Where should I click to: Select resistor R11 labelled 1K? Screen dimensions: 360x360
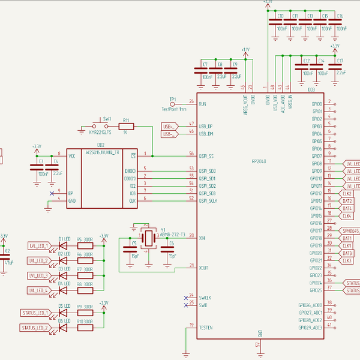(x=127, y=126)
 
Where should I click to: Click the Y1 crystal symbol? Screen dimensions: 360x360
(x=146, y=236)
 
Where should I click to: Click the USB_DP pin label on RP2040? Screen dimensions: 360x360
(x=206, y=126)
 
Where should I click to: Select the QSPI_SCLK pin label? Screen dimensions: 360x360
(x=208, y=200)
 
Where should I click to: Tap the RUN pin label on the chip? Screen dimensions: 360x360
(x=202, y=103)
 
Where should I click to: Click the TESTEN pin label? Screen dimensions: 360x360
(x=205, y=328)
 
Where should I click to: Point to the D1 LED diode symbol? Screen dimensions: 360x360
(x=62, y=245)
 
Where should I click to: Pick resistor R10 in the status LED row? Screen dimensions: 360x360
(x=85, y=328)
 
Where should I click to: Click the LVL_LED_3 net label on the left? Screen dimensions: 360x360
(x=38, y=275)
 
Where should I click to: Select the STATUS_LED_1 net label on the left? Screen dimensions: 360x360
(x=35, y=313)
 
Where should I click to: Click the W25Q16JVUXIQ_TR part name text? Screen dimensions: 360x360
(x=103, y=152)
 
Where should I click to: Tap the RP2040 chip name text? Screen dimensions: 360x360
(x=260, y=161)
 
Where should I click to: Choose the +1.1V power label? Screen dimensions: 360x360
(x=245, y=49)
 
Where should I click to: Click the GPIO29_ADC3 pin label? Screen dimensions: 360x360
(x=310, y=328)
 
